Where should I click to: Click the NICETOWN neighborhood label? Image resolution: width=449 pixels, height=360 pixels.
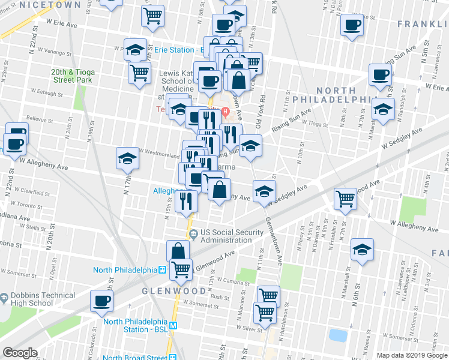point(40,4)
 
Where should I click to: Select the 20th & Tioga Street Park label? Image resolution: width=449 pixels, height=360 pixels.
point(73,76)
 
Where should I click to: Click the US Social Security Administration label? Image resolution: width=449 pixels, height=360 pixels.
point(231,236)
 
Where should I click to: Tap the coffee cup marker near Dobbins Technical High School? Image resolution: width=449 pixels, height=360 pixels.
point(101,301)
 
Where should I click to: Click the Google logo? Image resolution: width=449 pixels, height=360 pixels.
point(20,353)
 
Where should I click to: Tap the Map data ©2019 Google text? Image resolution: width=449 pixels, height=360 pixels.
point(411,355)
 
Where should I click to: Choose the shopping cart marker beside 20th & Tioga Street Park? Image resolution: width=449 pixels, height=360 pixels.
point(139,73)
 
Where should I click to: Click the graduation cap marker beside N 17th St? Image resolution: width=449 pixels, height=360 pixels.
point(127,158)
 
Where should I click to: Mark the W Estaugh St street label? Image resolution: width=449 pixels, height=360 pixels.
point(47,94)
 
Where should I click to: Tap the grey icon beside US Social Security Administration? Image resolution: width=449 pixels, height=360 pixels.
point(193,233)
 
